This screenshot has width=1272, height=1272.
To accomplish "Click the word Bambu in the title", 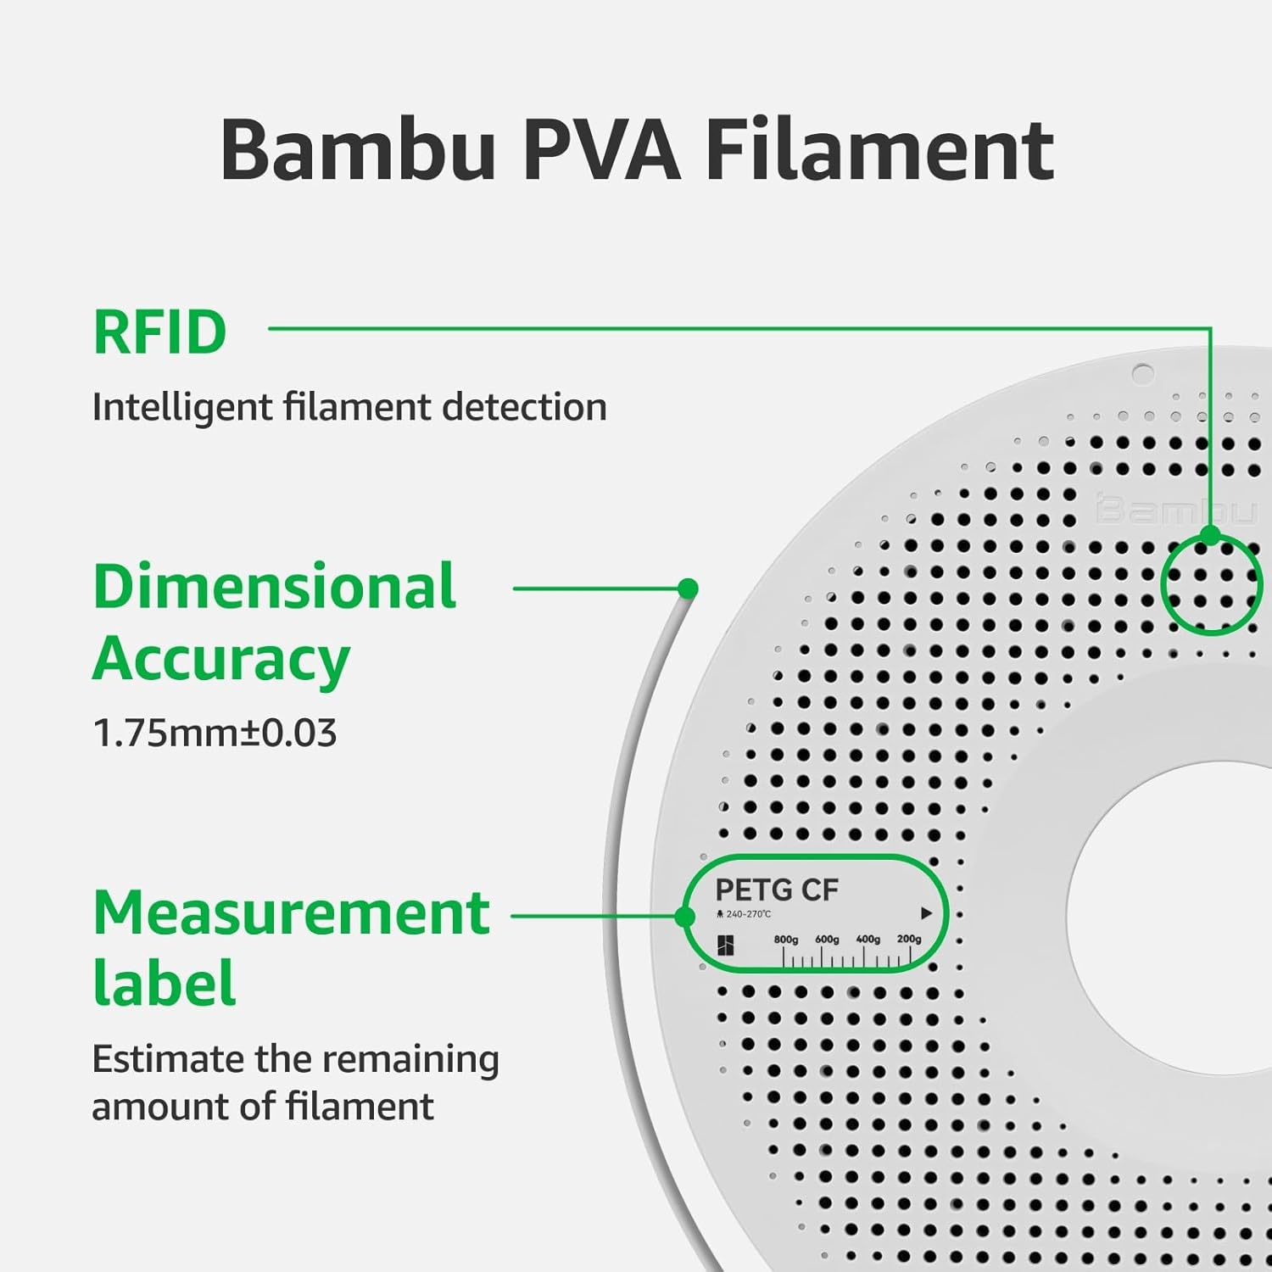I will pyautogui.click(x=357, y=151).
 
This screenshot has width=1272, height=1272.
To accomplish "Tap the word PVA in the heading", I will pyautogui.click(x=601, y=151).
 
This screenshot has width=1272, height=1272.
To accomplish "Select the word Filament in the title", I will pyautogui.click(x=879, y=151).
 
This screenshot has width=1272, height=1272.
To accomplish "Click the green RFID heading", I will pyautogui.click(x=159, y=332).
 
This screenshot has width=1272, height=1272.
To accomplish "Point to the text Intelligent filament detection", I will pyautogui.click(x=349, y=407).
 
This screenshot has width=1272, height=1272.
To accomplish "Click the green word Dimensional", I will pyautogui.click(x=274, y=587).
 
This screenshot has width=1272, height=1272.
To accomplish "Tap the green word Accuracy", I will pyautogui.click(x=220, y=660).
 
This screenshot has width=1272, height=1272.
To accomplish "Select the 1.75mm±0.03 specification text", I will pyautogui.click(x=214, y=734).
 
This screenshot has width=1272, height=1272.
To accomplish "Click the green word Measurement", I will pyautogui.click(x=291, y=913).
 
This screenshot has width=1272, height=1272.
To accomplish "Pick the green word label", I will pyautogui.click(x=164, y=984).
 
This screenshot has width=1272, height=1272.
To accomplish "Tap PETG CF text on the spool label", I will pyautogui.click(x=776, y=890).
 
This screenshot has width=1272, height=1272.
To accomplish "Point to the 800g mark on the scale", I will pyautogui.click(x=785, y=940).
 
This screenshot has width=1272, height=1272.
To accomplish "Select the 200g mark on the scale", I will pyautogui.click(x=908, y=940).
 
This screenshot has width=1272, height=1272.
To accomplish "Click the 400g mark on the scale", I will pyautogui.click(x=868, y=940).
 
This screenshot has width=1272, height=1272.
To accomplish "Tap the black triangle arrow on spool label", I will pyautogui.click(x=926, y=913).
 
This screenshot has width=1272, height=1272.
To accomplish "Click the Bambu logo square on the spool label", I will pyautogui.click(x=726, y=946).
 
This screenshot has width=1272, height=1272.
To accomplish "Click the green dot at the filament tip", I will pyautogui.click(x=689, y=588).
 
